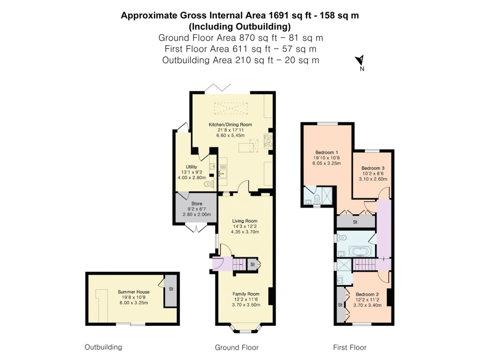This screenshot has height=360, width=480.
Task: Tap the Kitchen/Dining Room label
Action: [230, 125]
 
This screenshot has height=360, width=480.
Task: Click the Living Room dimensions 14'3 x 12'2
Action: [245, 227]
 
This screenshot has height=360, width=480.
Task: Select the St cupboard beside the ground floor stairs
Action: [252, 265]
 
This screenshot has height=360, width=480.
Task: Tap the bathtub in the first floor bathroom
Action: [360, 251]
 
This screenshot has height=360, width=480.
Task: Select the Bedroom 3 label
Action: [373, 168]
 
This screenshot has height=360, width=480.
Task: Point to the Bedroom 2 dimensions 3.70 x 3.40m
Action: [367, 305]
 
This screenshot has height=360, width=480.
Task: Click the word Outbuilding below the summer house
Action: [103, 347]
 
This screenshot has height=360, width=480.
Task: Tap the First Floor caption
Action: [349, 347]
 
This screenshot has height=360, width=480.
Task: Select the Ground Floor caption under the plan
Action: [236, 347]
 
